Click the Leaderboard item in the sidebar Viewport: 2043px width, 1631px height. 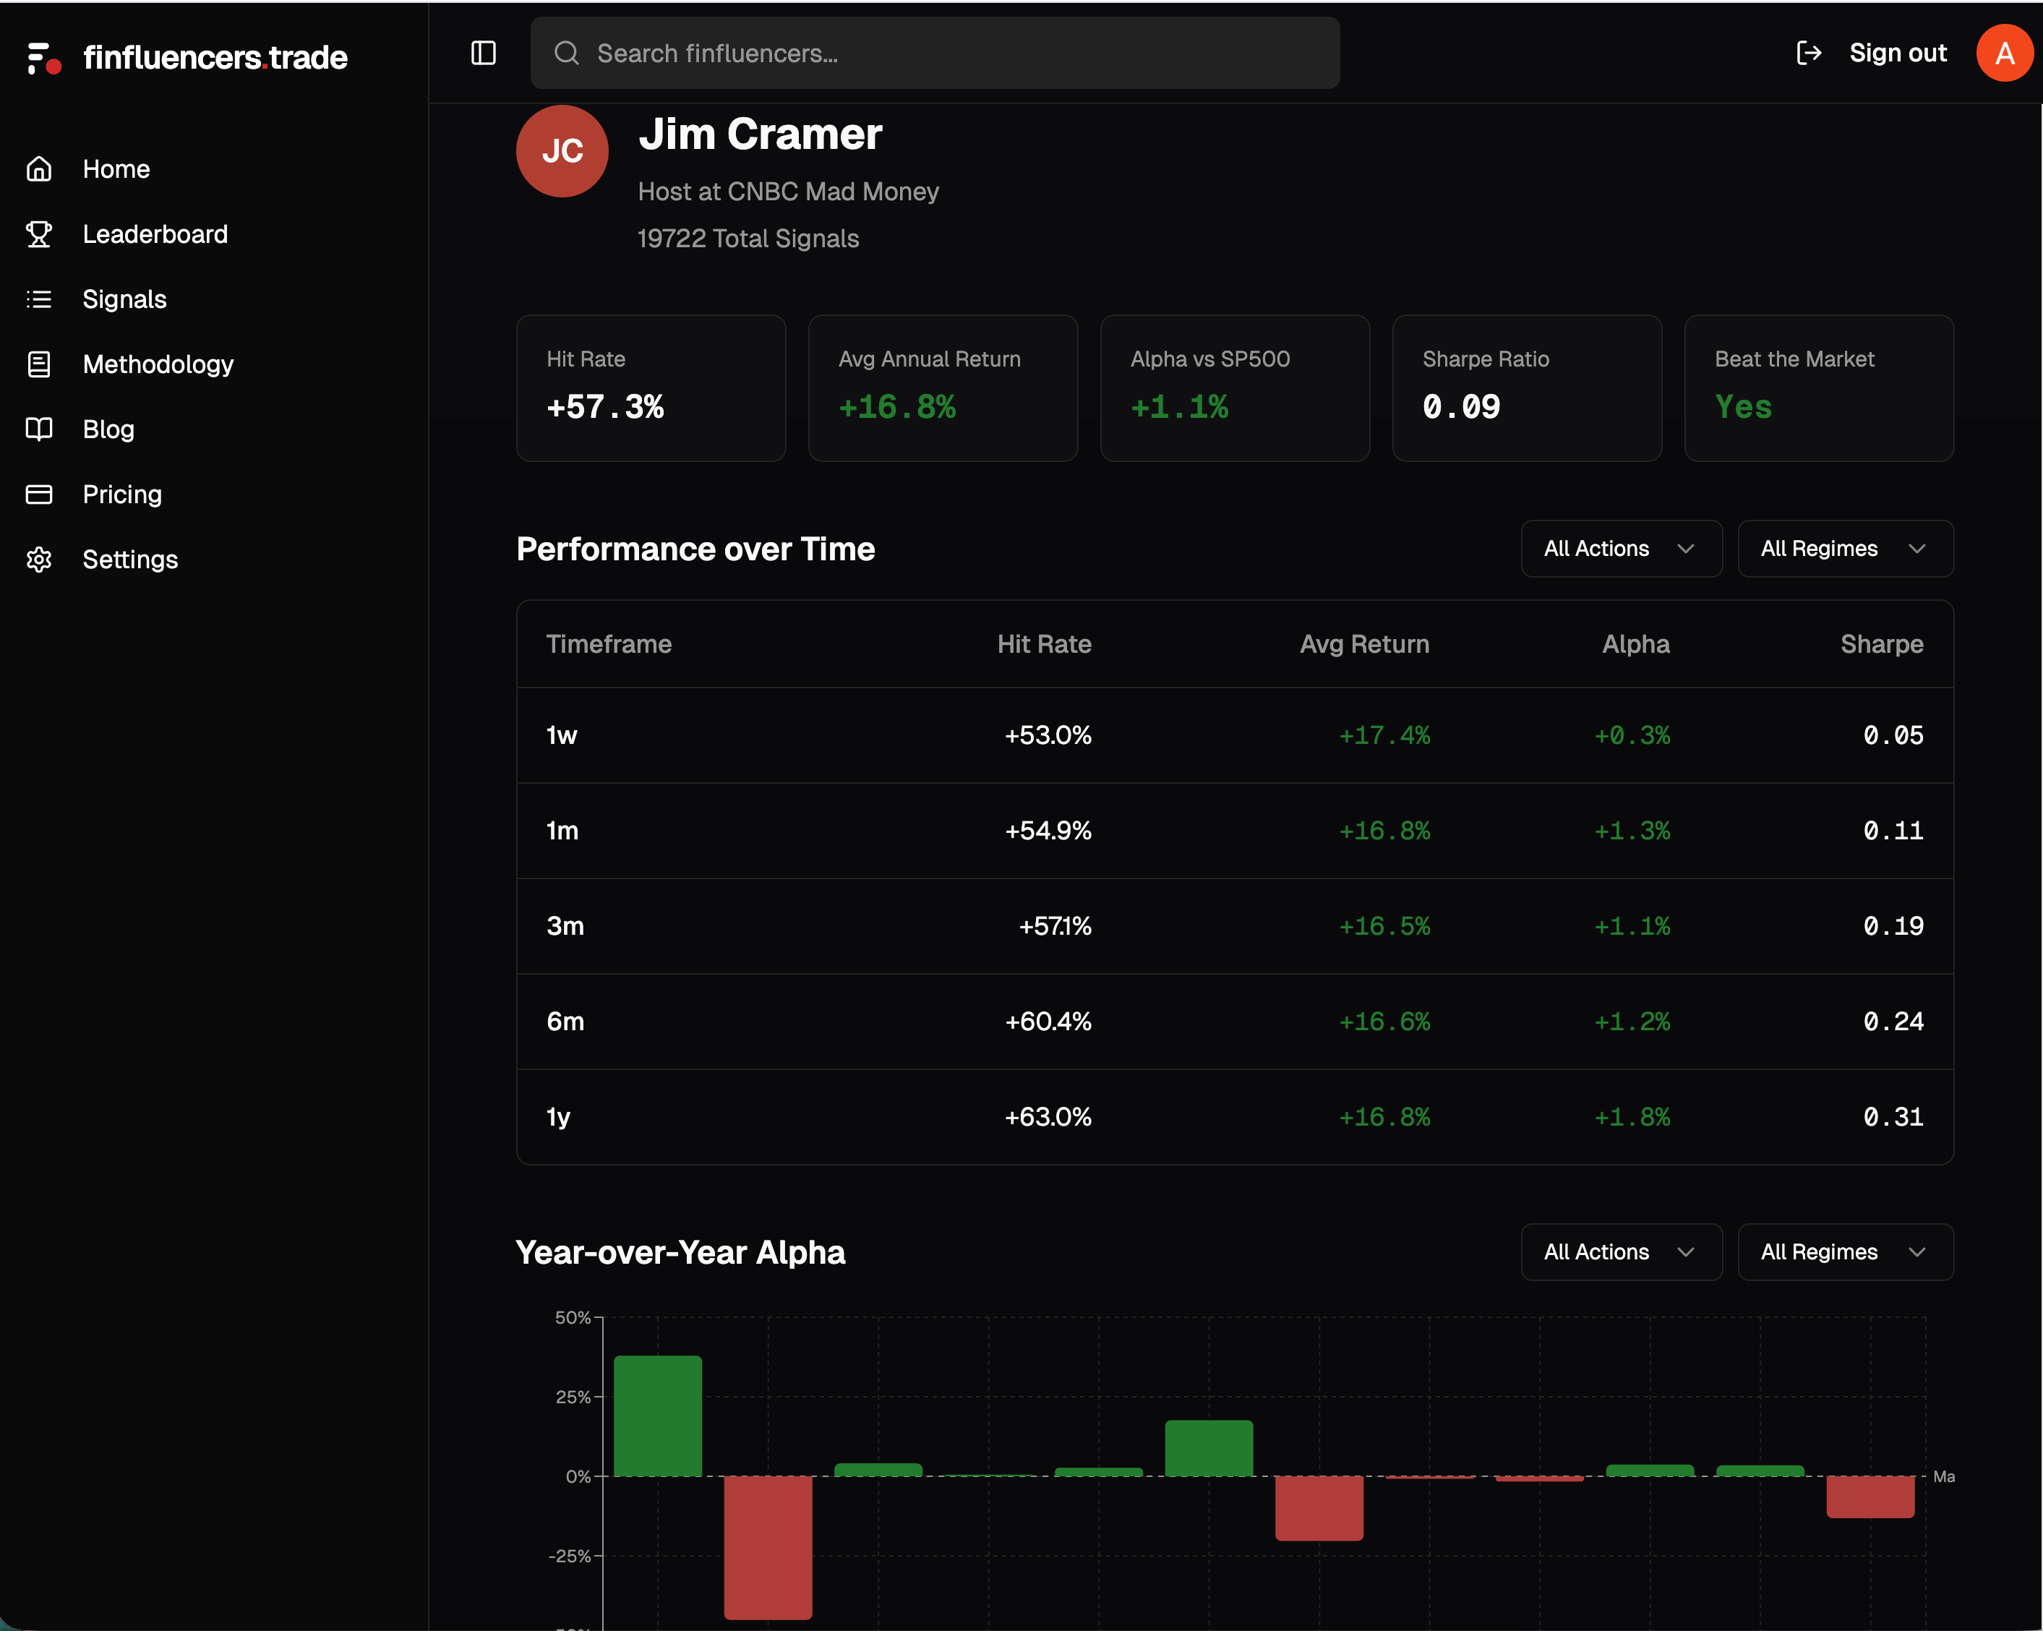[155, 234]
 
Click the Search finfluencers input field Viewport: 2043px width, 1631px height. [933, 53]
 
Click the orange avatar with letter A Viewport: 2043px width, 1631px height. [2003, 53]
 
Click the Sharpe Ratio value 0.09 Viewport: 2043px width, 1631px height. [1460, 406]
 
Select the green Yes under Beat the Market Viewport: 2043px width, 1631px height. [1742, 406]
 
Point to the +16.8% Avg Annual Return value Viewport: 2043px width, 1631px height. [896, 406]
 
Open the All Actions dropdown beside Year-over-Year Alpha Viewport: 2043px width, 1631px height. [1620, 1252]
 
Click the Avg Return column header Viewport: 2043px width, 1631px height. [1363, 644]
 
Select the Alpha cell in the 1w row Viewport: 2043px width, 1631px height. [1631, 735]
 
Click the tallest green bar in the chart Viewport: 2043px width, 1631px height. [658, 1415]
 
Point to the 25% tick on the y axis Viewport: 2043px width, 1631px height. [573, 1397]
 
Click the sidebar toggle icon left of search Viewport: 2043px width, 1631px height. [483, 53]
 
